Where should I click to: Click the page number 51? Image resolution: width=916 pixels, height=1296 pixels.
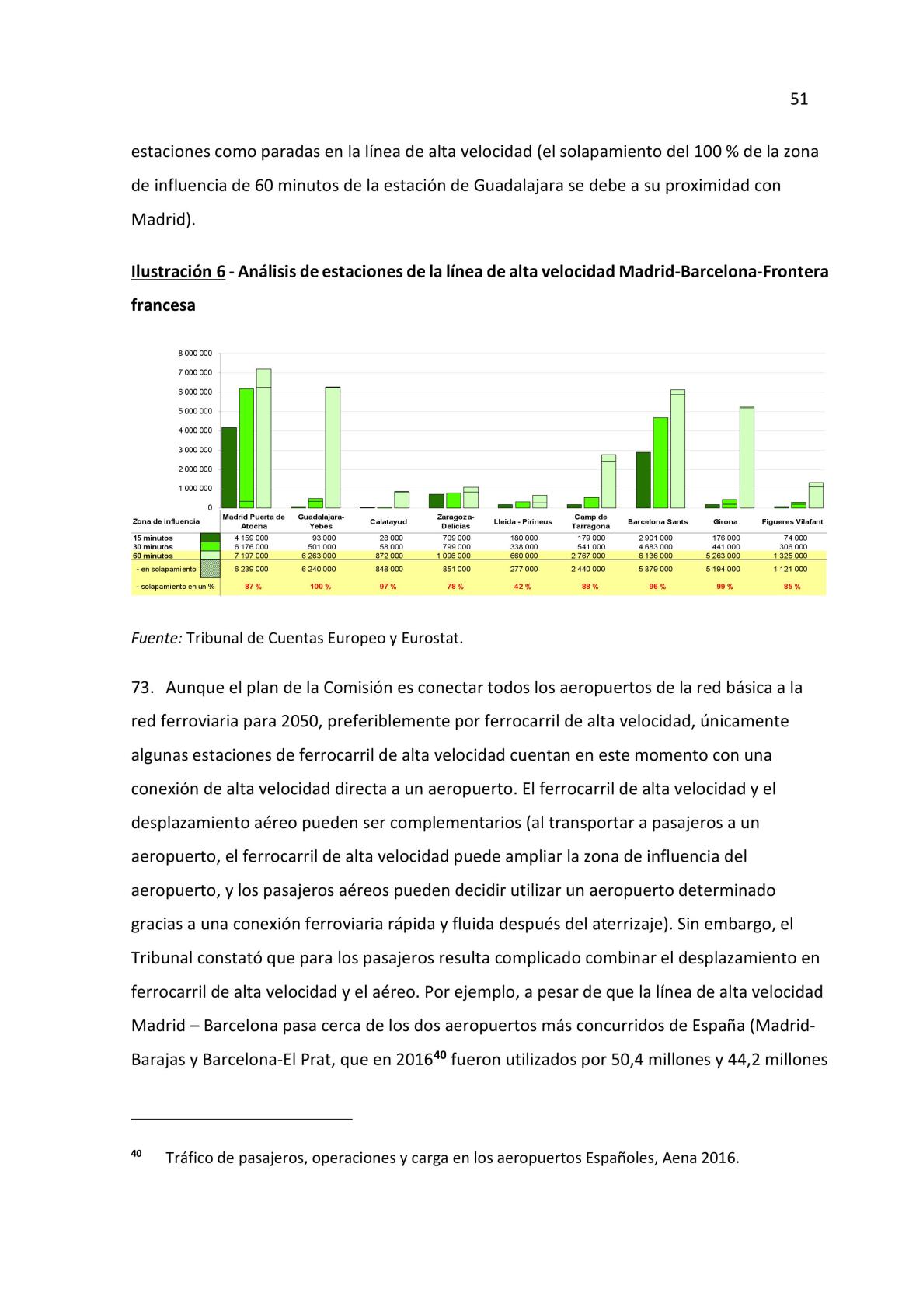(799, 99)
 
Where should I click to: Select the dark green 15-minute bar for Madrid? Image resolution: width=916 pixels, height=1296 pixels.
(229, 467)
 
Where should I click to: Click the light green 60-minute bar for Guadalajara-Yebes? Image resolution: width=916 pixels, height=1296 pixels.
(333, 447)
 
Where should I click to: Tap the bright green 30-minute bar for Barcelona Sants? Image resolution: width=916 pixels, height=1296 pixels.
(660, 462)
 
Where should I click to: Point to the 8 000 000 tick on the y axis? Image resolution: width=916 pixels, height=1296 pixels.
(195, 353)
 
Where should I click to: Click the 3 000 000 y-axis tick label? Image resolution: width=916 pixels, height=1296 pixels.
(195, 450)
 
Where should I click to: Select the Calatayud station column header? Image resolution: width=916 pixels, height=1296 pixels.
(388, 521)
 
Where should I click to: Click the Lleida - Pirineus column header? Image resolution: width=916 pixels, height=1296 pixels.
(523, 521)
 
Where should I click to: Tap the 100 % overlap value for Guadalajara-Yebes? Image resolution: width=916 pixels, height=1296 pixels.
(320, 587)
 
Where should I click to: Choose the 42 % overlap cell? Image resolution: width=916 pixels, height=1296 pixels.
(523, 587)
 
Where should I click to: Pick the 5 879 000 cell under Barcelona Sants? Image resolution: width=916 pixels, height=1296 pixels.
(657, 569)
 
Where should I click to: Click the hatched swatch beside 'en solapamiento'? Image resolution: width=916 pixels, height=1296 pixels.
(210, 570)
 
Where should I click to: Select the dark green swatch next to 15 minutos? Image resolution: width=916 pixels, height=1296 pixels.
(210, 538)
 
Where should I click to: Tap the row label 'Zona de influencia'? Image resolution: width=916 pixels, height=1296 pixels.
(166, 521)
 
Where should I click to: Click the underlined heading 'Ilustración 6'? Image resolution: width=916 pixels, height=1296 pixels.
(178, 272)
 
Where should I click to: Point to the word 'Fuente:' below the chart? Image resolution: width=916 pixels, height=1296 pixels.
(156, 639)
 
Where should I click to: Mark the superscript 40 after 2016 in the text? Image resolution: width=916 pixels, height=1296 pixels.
(440, 1055)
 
